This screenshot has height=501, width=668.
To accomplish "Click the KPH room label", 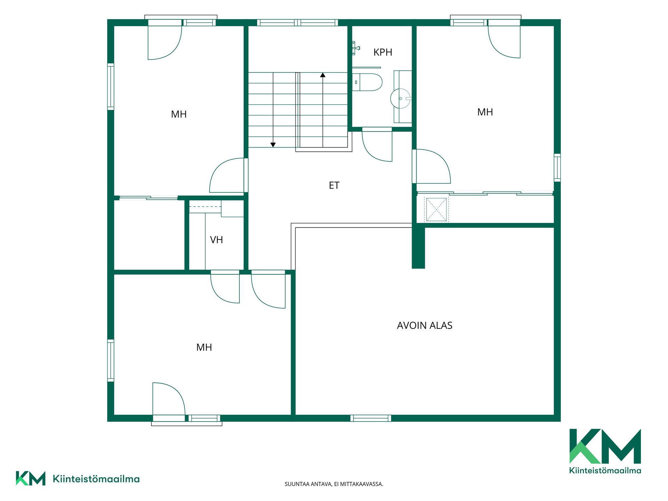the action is click(x=383, y=52).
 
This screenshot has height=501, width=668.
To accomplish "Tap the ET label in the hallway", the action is click(x=334, y=185).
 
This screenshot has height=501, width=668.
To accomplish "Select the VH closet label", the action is click(x=216, y=240).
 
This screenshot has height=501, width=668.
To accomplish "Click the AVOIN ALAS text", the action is click(x=424, y=325).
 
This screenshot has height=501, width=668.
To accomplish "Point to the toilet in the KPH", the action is click(x=367, y=82).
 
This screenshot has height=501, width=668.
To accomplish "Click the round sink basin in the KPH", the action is click(x=400, y=98).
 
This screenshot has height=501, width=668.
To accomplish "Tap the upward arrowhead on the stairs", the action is click(x=323, y=75).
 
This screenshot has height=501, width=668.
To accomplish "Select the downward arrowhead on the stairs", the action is click(x=273, y=145).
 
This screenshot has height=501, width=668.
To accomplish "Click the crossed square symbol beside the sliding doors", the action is click(x=436, y=209).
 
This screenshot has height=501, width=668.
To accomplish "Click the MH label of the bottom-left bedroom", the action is click(x=204, y=347).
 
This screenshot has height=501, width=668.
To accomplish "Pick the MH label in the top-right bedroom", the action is click(x=485, y=112).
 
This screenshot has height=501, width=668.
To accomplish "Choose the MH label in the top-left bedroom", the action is click(x=179, y=114).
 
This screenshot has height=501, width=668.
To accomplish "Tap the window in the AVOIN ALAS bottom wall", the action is click(x=371, y=418).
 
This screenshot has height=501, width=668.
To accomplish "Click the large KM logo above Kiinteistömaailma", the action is click(x=605, y=446).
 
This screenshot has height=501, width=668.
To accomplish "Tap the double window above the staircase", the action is click(x=297, y=23).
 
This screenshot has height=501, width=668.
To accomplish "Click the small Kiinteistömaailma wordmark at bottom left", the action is click(x=96, y=479).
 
